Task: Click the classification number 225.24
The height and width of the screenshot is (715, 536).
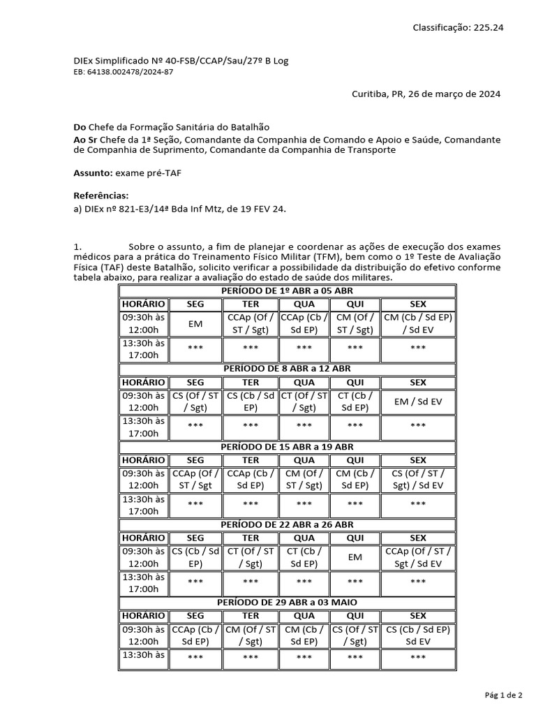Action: (x=489, y=27)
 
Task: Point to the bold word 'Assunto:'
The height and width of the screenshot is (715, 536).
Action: (x=93, y=172)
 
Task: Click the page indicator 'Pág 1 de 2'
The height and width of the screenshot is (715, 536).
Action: (x=503, y=695)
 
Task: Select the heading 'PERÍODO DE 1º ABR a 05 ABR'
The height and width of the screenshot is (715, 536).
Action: (x=287, y=290)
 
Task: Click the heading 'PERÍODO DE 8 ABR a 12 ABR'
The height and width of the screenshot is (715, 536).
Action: (x=287, y=368)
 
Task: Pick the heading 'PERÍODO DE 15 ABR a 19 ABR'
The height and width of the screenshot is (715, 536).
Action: (x=287, y=446)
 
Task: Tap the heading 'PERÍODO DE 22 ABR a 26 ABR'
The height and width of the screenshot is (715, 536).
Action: (x=287, y=524)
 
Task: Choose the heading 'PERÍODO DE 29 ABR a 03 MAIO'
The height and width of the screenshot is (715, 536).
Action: (x=287, y=602)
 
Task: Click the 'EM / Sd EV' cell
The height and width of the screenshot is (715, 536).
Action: (x=418, y=401)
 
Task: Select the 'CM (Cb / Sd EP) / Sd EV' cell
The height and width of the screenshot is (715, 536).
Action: (x=418, y=323)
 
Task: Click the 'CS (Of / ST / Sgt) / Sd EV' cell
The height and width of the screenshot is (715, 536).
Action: (x=418, y=480)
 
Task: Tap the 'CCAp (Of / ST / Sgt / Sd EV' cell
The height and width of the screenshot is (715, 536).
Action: (x=418, y=557)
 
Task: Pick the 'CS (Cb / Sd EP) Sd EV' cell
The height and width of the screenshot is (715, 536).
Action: (x=418, y=635)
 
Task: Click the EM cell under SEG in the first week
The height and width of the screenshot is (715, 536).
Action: (x=195, y=324)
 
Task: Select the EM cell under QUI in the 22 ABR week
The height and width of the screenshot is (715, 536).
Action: (x=355, y=557)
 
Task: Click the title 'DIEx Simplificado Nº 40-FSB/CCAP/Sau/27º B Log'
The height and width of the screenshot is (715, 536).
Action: (x=181, y=61)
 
